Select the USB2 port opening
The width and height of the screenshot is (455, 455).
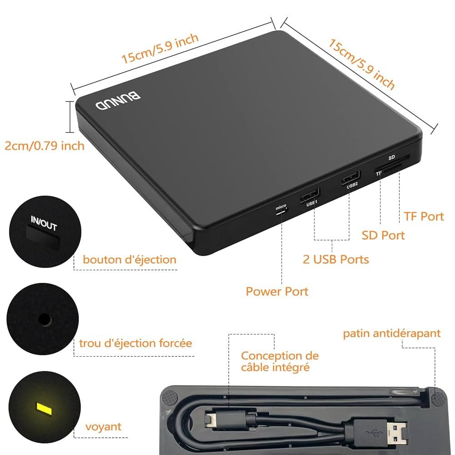coord(350,177)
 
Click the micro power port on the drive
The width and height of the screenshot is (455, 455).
coord(281,212)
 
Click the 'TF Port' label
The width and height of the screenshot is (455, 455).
coord(423,216)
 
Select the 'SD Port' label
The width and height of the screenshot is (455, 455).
coord(383,235)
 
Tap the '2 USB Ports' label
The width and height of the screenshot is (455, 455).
coord(336,259)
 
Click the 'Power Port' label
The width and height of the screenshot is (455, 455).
coord(277,291)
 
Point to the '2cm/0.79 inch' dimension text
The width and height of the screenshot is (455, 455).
coord(45,146)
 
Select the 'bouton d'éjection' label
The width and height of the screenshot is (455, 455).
coord(129,260)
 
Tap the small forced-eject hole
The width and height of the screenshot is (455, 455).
coord(44,319)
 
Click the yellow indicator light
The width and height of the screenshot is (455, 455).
coord(45,408)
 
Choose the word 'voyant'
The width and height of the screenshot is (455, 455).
coord(104,426)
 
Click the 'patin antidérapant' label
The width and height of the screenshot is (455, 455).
coord(392,334)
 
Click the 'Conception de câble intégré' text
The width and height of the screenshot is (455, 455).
coord(279,361)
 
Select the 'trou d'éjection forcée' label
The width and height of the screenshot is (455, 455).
coord(136,343)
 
